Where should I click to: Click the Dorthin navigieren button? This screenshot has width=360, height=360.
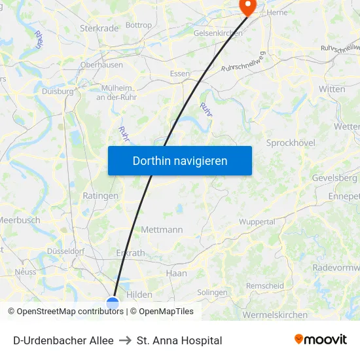click(x=179, y=160)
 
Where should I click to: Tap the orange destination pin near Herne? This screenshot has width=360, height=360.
click(x=248, y=6)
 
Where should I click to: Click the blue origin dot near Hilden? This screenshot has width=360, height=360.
click(x=113, y=303)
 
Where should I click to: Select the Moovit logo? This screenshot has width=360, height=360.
click(x=320, y=340)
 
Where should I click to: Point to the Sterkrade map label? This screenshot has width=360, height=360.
click(x=99, y=28)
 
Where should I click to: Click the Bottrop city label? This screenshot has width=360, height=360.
click(x=138, y=26)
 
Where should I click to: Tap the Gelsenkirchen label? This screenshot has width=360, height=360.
click(x=218, y=33)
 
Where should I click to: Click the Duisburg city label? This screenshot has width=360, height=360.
click(x=58, y=92)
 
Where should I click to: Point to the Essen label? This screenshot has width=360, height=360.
click(x=179, y=74)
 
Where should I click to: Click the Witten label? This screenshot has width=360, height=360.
click(x=332, y=89)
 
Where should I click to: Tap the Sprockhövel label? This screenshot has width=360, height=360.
click(x=291, y=143)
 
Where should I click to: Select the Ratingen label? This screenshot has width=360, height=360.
click(x=101, y=196)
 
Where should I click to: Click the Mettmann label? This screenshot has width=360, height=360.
click(x=162, y=230)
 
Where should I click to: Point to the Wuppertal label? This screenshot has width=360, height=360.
click(x=257, y=222)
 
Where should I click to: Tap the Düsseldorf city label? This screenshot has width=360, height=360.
click(x=66, y=251)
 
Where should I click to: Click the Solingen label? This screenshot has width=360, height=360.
click(x=212, y=293)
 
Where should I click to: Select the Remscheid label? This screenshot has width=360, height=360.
click(x=264, y=286)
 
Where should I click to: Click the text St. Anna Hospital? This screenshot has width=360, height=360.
click(x=179, y=340)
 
